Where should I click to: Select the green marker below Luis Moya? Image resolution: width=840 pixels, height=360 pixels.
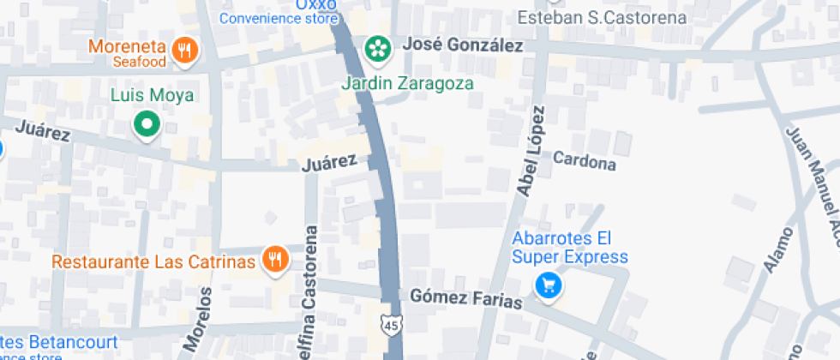point(147,125)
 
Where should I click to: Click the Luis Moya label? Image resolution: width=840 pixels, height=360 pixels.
point(152,95)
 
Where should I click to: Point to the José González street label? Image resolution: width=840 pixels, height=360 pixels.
point(462,45)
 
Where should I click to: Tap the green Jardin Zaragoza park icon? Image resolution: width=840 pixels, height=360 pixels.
point(376,49)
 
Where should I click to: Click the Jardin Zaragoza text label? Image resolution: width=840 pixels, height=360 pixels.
point(407,84)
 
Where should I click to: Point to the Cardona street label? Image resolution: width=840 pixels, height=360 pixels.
point(585,160)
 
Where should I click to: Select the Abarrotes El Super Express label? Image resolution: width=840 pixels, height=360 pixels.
point(570,247)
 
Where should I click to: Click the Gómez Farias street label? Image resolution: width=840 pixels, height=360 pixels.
point(465,298)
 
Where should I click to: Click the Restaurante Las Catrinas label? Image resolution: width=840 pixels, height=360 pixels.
point(153,261)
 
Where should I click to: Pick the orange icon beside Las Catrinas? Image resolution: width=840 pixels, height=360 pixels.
point(274,259)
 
